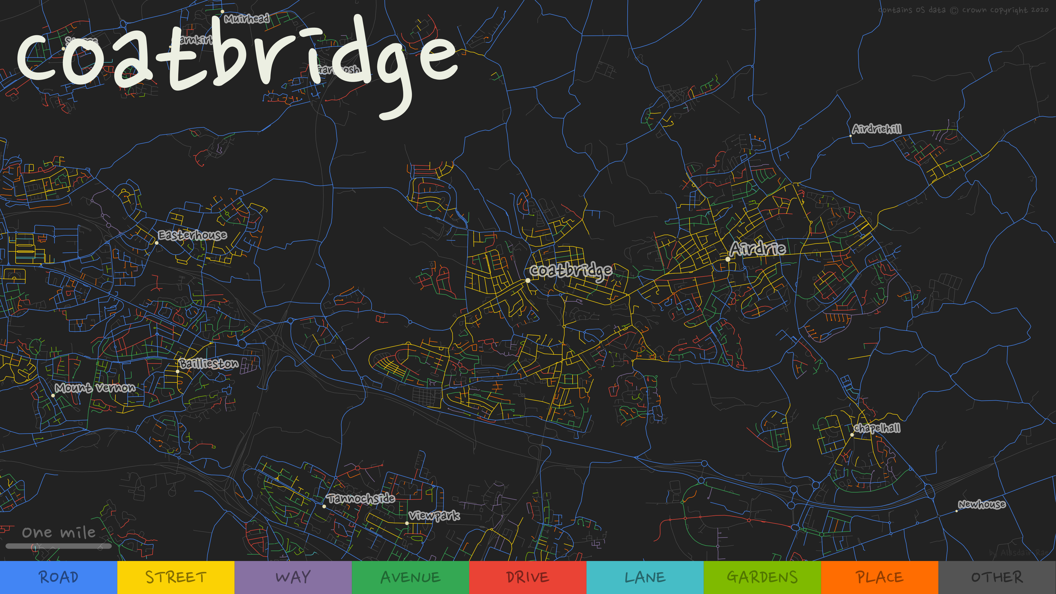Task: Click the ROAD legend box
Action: tap(59, 577)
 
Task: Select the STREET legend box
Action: tap(176, 577)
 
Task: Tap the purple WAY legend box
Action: tap(293, 577)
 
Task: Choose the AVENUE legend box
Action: tap(410, 577)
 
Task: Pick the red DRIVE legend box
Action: tap(528, 577)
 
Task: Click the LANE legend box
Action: tap(645, 577)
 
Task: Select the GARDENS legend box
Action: tap(762, 577)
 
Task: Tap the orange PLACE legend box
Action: tap(879, 577)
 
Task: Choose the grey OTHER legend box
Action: tap(997, 577)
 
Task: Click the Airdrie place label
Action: tap(758, 249)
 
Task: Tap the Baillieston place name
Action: tap(209, 364)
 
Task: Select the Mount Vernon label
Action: tap(95, 388)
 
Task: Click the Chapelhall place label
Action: tap(877, 428)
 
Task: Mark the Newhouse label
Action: tap(982, 504)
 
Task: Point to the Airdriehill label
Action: tap(877, 129)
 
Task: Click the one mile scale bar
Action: tap(59, 546)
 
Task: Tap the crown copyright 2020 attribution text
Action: tap(963, 10)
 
